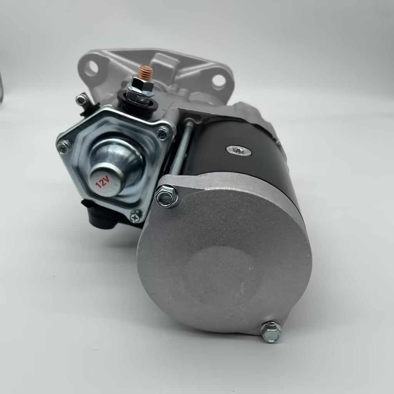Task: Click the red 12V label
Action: [103, 182]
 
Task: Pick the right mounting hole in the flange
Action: [219, 81]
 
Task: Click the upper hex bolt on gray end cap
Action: [166, 196]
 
